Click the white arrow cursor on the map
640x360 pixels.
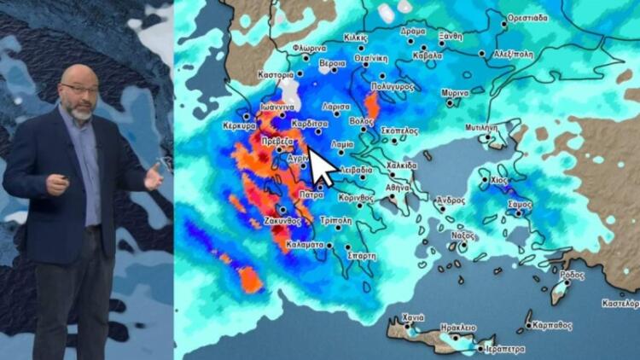[x=322, y=167]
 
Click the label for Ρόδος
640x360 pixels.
[x=572, y=276]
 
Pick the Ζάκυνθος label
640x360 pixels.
[x=284, y=219]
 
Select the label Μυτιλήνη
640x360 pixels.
[x=482, y=126]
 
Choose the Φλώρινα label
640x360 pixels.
[x=308, y=49]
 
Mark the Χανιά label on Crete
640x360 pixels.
[x=413, y=317]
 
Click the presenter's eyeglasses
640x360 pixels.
[x=79, y=88]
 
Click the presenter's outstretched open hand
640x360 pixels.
[x=154, y=177]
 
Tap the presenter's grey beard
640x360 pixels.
[x=82, y=110]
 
